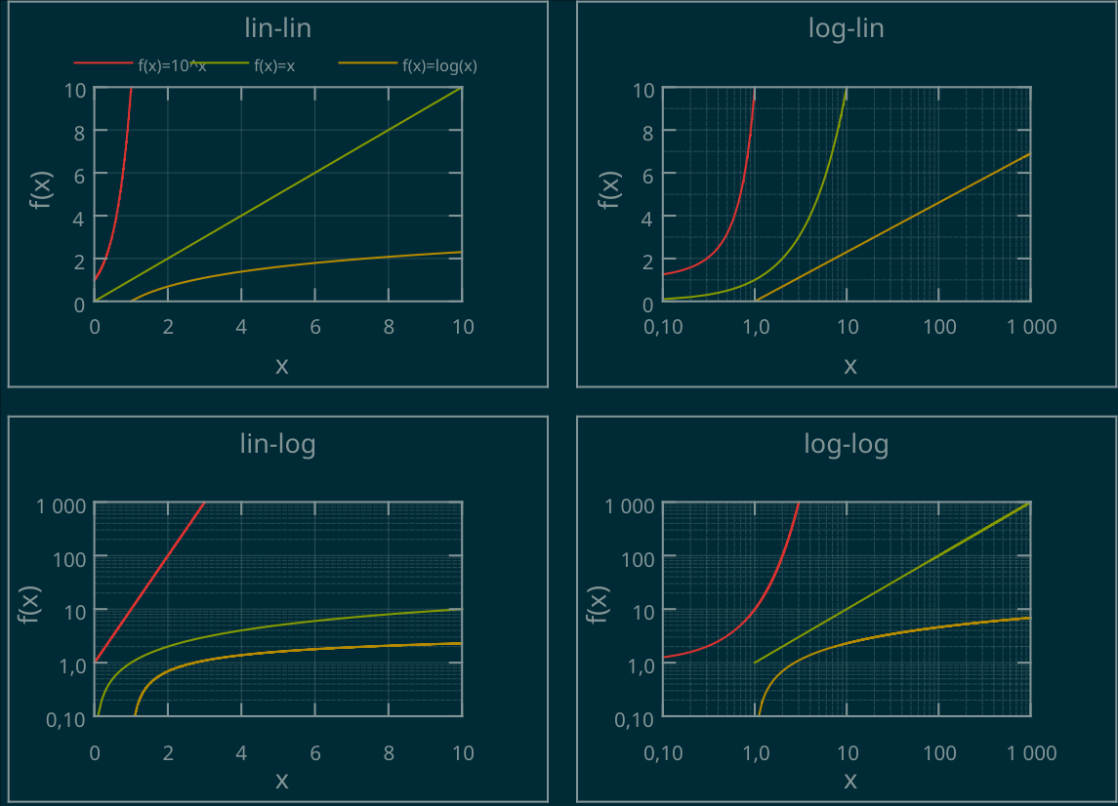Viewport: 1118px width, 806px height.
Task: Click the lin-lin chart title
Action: pos(278,28)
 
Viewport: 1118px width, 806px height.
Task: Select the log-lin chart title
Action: pos(847,28)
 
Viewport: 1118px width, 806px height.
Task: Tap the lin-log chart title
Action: pos(278,445)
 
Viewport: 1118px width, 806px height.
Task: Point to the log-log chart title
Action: pos(847,445)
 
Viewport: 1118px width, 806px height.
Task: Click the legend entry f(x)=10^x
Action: pos(172,66)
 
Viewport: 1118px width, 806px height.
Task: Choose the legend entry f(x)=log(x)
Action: pos(439,66)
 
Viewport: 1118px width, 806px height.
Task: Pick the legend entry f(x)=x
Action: pos(274,66)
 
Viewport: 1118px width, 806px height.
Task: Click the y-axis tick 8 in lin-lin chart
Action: pos(79,132)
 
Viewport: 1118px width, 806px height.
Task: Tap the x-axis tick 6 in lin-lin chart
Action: pos(315,327)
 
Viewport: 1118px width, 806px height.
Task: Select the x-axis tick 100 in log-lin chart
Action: pos(939,327)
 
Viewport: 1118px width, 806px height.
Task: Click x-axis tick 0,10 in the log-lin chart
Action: pos(664,327)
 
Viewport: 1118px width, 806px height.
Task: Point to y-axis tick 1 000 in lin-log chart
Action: pos(61,505)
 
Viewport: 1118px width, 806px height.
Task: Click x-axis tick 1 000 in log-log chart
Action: pos(1031,753)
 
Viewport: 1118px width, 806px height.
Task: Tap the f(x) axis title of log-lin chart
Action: pos(609,190)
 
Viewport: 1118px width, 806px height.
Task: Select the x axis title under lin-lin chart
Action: pos(282,366)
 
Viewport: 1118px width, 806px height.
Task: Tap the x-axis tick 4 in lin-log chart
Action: pos(242,753)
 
